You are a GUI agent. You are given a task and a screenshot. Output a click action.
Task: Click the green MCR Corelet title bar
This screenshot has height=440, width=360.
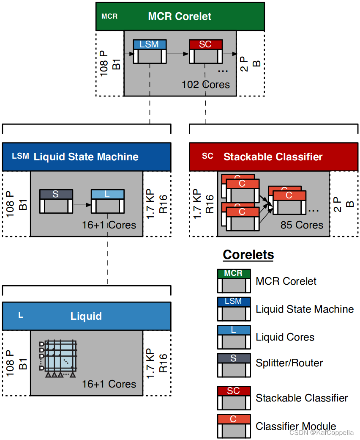coord(180,16)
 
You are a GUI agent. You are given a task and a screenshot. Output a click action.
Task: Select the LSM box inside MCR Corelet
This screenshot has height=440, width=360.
coord(149,51)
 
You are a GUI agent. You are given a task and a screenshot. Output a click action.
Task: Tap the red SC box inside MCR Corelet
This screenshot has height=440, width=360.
coord(205,51)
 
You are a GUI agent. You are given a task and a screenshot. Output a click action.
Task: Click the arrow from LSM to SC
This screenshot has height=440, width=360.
coord(177,54)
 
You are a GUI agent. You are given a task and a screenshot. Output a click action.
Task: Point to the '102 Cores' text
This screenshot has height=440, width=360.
coord(206,85)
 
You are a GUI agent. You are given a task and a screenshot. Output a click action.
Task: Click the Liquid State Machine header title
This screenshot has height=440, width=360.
coord(86,157)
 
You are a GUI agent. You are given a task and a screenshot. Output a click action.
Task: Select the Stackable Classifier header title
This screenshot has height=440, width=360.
coord(273,157)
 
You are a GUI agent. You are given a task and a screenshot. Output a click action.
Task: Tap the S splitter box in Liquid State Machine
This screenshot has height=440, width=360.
coord(56,201)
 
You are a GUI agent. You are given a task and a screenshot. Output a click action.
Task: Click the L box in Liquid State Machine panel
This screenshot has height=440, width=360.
coord(107,201)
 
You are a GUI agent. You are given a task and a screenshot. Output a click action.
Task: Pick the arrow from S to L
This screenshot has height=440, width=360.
coord(82,205)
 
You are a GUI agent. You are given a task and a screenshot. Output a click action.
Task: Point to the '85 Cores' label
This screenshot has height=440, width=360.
coord(302,225)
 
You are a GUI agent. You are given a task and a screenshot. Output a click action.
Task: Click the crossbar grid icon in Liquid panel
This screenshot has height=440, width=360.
coord(59,357)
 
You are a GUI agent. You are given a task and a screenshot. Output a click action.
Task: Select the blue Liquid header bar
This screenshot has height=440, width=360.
coord(86,316)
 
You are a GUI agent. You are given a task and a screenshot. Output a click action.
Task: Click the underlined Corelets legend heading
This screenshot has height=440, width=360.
coord(248,255)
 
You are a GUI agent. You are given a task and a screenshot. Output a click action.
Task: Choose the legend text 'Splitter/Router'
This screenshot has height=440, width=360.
coord(289,363)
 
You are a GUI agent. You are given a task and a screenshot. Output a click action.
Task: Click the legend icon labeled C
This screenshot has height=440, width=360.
coord(234,426)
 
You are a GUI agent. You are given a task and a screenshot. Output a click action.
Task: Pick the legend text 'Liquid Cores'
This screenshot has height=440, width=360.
coord(285,337)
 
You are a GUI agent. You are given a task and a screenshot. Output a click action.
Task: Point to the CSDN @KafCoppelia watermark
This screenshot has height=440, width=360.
coord(322,432)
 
